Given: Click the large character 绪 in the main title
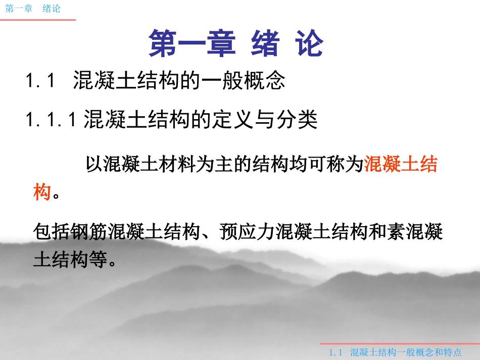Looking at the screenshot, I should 265,44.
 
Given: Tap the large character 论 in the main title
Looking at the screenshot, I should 308,44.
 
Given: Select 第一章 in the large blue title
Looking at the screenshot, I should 193,44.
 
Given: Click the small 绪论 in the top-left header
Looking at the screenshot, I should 52,9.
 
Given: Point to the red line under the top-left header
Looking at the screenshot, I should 37,20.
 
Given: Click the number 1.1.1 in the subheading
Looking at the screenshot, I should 51,120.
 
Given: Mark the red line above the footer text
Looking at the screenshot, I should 399,344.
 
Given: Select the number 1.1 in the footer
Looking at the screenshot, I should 336,352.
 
